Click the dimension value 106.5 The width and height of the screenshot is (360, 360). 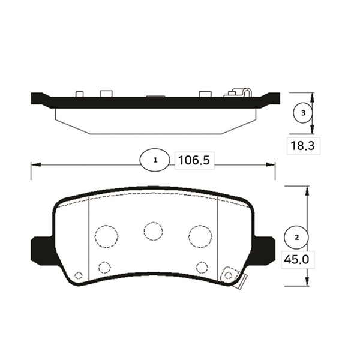[x=194, y=160]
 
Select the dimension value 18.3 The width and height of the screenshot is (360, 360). [x=302, y=146]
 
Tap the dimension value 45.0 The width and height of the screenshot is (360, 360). [x=296, y=260]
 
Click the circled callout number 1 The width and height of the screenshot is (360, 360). [x=155, y=160]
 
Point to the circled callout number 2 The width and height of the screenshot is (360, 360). [x=296, y=237]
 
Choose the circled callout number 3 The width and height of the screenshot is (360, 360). [x=303, y=113]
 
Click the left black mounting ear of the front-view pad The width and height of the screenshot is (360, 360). [x=42, y=250]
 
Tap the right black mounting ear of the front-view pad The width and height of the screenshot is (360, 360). [x=264, y=250]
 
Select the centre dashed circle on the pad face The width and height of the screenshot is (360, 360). [x=154, y=231]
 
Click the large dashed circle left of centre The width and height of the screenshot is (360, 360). [x=107, y=236]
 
